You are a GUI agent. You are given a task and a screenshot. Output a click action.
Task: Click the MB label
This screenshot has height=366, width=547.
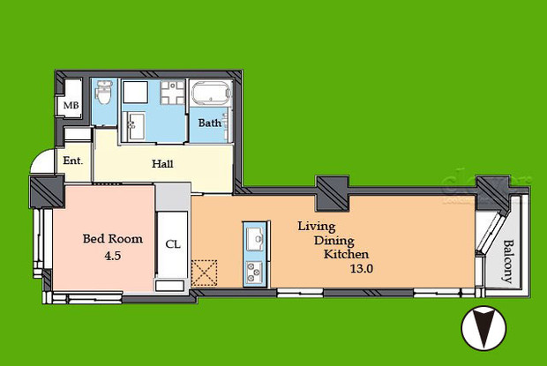[70, 107]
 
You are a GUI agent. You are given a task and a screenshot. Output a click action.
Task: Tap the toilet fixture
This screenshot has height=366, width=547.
[103, 93]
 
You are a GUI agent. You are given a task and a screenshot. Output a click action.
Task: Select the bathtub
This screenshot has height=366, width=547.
[209, 94]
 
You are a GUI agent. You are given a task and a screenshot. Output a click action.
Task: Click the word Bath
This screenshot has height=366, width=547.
[209, 123]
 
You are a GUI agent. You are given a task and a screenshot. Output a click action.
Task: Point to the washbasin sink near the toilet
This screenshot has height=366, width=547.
[136, 124]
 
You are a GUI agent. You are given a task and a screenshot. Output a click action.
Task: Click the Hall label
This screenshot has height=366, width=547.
[162, 163]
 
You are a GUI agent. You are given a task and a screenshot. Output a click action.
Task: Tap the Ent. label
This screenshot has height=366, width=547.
[72, 161]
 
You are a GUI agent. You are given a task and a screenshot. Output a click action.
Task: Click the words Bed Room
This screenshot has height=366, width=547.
[107, 238]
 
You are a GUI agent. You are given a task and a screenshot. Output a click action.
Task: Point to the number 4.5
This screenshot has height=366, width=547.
[107, 258]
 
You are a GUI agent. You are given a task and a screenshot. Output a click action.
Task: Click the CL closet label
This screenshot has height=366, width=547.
[172, 244]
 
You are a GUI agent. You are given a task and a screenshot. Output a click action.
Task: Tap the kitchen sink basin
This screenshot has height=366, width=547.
[253, 237]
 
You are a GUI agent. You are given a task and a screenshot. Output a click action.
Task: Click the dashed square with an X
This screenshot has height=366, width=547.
[206, 273]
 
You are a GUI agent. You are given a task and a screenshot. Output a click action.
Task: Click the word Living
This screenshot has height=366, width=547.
[314, 226]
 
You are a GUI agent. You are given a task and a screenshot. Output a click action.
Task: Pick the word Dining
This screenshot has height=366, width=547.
[327, 240]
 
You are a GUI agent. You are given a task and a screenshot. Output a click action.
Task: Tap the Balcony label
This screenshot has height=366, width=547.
[508, 261]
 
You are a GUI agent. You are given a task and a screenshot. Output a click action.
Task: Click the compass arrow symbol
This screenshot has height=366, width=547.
[484, 329]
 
